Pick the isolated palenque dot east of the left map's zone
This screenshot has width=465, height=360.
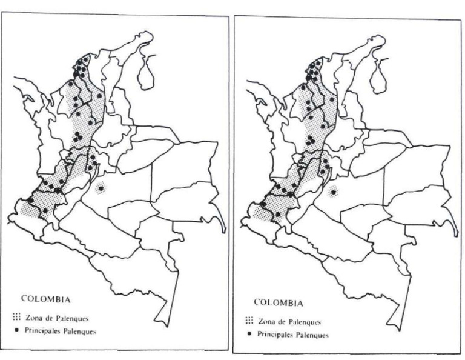(x=100, y=185)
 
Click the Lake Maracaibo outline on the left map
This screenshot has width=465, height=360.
(x=146, y=73)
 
